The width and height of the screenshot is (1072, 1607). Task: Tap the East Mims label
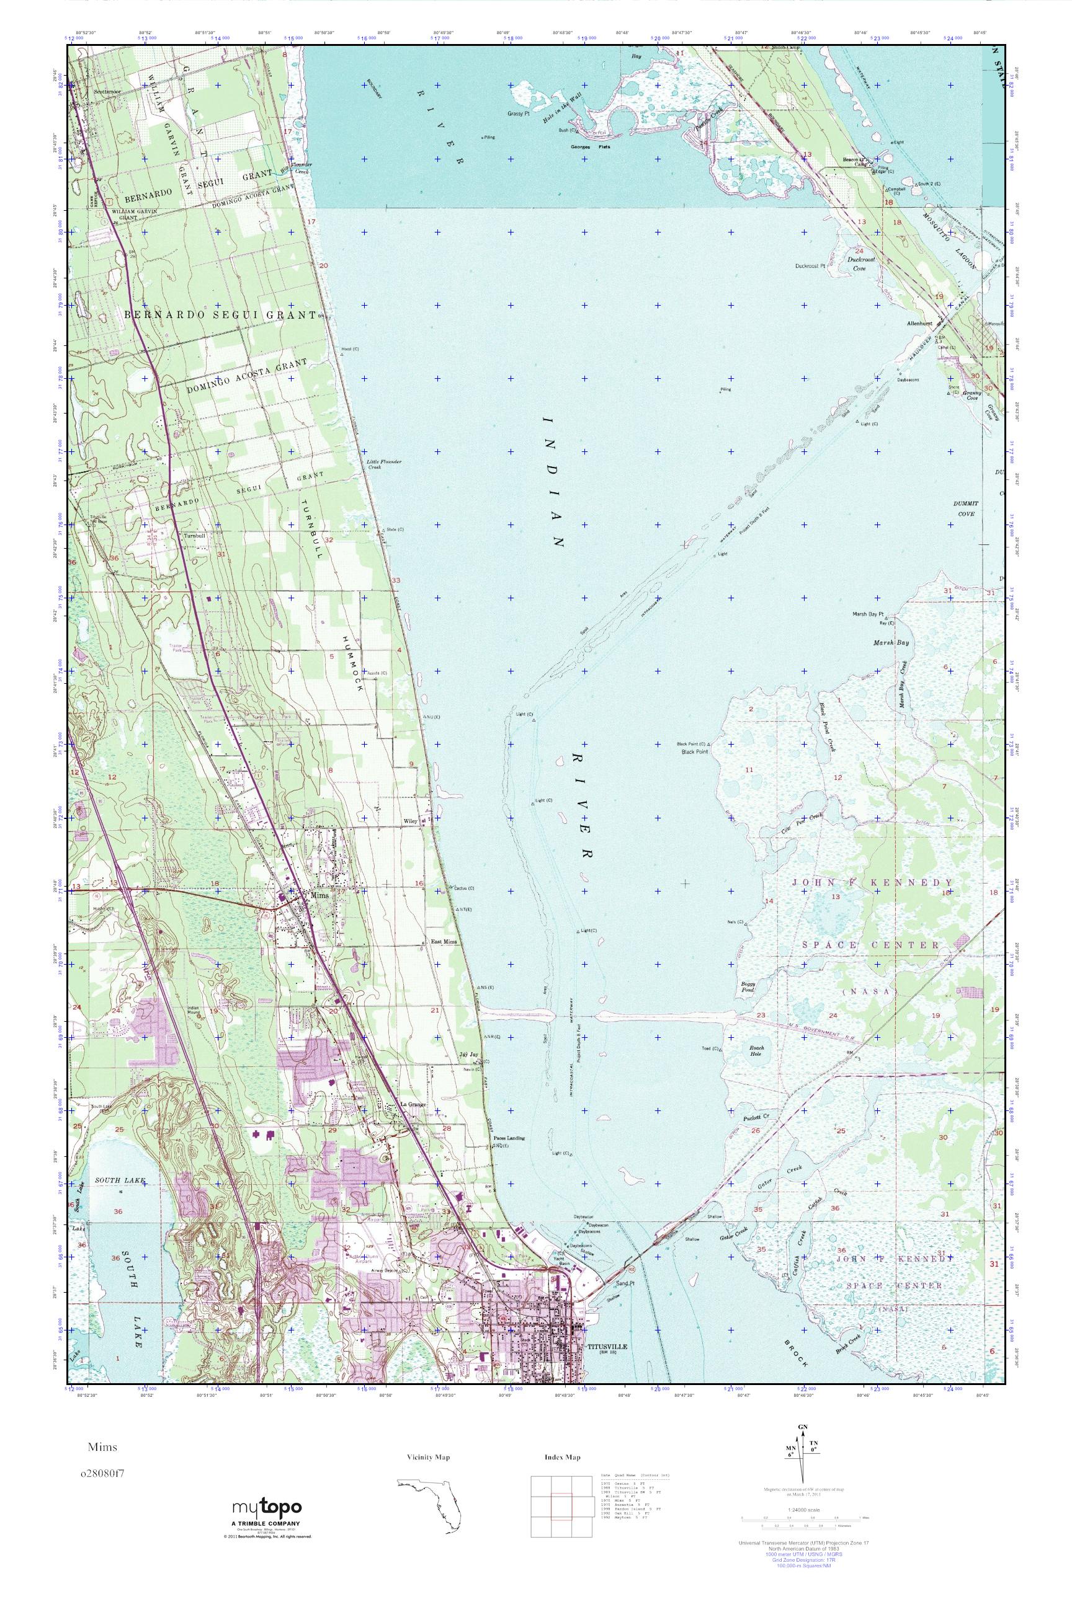444,942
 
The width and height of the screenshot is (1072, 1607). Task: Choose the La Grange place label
413,1104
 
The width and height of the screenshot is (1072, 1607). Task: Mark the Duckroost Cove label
855,264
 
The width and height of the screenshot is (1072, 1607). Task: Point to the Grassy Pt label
519,113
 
